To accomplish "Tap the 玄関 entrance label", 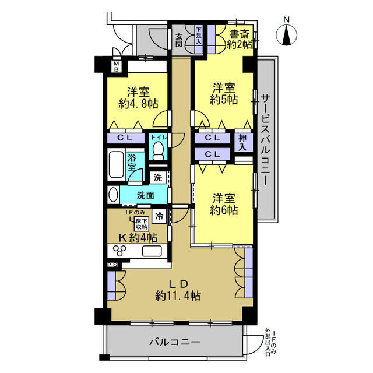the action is [x=179, y=40].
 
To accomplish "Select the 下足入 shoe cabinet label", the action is [x=199, y=36].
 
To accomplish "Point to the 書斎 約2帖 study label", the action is [x=240, y=40].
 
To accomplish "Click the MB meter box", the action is [x=117, y=66].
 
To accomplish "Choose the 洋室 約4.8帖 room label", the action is [x=138, y=98].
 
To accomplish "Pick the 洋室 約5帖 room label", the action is [x=224, y=94].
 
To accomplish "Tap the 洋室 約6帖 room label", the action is [x=224, y=204].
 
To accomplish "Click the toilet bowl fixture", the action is [x=158, y=151].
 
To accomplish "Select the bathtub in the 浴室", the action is [x=116, y=164].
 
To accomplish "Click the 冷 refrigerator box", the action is [x=159, y=216].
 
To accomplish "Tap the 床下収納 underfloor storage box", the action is [x=141, y=224].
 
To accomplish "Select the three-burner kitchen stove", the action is [x=119, y=251].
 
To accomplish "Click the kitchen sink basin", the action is [x=152, y=251].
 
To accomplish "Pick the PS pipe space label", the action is [x=112, y=265].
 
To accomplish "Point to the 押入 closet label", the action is [x=242, y=142].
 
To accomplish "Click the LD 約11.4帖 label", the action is [x=178, y=290].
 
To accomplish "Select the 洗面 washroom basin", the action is [x=114, y=195].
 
